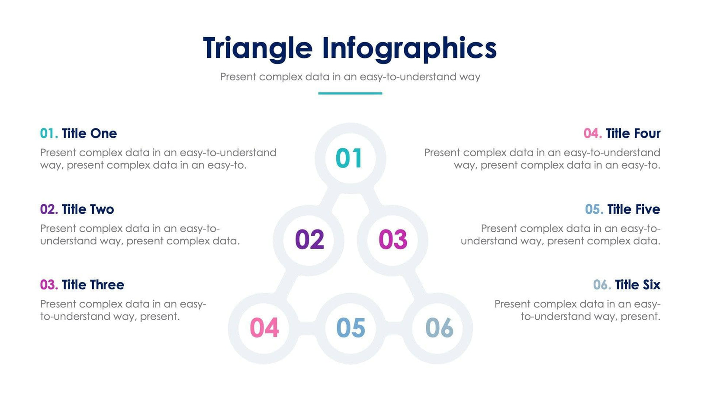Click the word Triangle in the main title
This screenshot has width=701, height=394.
point(257,48)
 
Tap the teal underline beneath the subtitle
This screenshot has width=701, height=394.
point(350,93)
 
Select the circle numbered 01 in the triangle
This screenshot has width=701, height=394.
point(350,158)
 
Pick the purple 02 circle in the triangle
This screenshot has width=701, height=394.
point(309,240)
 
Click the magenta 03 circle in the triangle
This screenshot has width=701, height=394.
point(392,240)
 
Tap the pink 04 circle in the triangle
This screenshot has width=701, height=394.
point(264,328)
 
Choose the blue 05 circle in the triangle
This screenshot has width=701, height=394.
point(350,328)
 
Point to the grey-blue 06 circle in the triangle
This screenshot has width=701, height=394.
point(438,328)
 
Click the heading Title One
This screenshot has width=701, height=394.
point(89,134)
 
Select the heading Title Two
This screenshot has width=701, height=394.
point(88,209)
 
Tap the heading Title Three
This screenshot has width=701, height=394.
point(93,285)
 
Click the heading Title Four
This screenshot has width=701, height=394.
point(633,134)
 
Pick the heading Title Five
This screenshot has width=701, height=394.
point(633,209)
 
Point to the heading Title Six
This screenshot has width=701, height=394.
point(637,285)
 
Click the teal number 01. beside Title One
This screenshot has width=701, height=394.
point(49,134)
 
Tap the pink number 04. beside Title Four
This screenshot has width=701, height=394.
point(592,134)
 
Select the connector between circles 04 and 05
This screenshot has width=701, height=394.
point(307,328)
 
